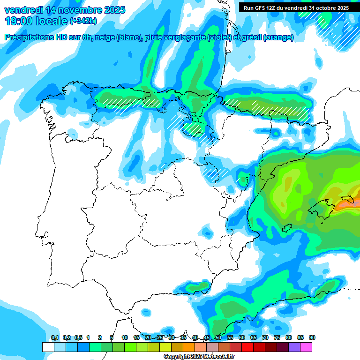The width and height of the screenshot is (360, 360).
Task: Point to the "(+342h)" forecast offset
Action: [83, 21]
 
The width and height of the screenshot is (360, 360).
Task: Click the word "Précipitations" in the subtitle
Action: [27, 37]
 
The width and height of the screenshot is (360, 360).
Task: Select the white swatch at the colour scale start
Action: [48, 347]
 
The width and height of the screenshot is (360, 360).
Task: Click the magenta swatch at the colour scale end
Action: [306, 347]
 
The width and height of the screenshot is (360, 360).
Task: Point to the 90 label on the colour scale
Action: [312, 337]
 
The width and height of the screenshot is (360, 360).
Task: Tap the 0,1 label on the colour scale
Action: [55, 337]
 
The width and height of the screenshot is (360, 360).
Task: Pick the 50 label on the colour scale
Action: [218, 337]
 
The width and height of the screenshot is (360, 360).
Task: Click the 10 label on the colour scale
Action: [125, 337]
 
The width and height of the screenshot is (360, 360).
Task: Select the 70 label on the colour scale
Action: [265, 337]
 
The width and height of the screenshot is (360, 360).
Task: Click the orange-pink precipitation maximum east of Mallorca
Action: [349, 204]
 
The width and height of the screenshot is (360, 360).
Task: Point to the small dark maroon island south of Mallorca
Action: [285, 229]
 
